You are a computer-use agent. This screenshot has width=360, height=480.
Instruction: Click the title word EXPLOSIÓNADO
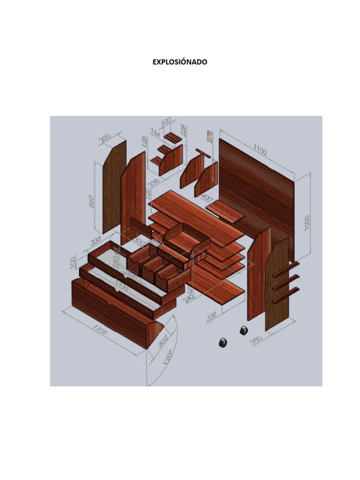(x=180, y=62)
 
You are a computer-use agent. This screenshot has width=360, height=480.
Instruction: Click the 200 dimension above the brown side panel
(x=105, y=139)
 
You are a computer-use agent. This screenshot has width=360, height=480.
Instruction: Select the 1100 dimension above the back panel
(x=261, y=150)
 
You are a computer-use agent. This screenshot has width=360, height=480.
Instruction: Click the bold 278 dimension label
(x=210, y=136)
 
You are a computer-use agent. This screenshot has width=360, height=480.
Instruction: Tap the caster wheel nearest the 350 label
(x=244, y=330)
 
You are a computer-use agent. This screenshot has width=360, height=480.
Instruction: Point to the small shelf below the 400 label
(x=225, y=212)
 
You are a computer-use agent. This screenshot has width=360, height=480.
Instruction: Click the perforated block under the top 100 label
(x=173, y=139)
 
